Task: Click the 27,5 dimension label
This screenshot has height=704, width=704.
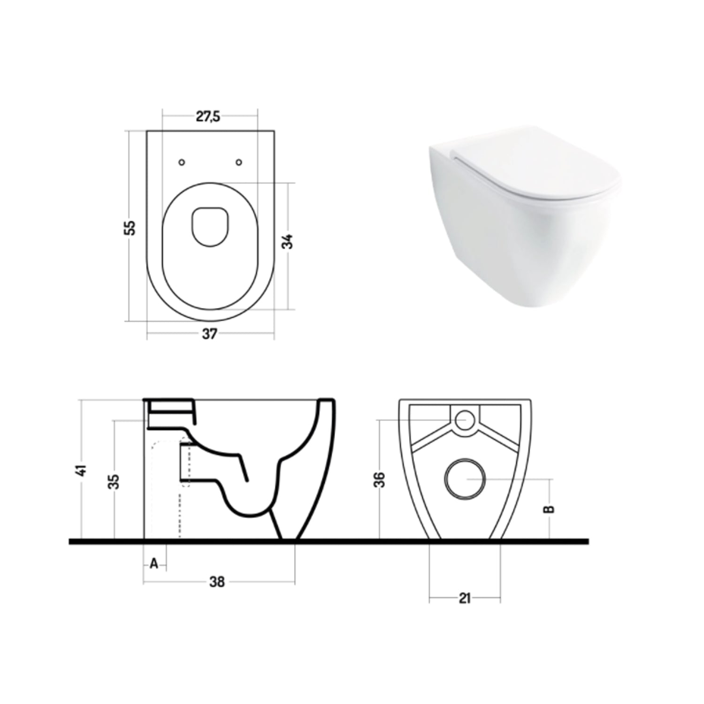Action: (207, 116)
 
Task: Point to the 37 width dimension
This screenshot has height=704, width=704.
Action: (209, 334)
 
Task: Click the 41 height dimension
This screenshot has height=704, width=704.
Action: (83, 470)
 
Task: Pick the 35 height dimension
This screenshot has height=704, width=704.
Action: (114, 482)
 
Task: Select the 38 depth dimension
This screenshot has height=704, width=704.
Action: (217, 582)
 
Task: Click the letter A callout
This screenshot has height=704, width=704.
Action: (154, 564)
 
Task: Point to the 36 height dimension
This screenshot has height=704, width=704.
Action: (380, 479)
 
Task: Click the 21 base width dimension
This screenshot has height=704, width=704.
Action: (464, 598)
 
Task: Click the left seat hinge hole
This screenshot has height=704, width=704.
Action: (182, 162)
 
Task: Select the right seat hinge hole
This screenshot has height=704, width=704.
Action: (239, 162)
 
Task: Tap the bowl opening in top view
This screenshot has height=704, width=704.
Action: (210, 226)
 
